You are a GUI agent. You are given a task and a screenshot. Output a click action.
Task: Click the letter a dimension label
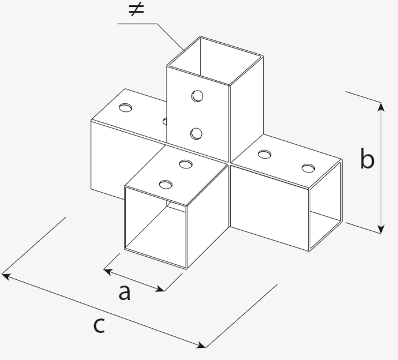(x=125, y=292)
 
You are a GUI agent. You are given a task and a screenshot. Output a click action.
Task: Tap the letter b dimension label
(x=367, y=158)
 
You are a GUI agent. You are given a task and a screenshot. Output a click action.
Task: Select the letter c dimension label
(x=99, y=325)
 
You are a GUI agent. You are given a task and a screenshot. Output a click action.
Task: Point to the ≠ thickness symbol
(x=136, y=10)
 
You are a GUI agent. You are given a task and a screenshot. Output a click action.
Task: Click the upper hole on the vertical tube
(x=197, y=96)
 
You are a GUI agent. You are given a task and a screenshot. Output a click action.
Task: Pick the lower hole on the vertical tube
(x=197, y=133)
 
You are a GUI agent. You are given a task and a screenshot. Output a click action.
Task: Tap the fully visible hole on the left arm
(x=125, y=108)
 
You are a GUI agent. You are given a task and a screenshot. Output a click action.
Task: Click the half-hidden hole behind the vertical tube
(x=165, y=121)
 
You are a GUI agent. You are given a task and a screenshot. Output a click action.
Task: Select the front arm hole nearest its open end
(x=166, y=185)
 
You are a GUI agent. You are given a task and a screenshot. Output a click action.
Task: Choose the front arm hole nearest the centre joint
(x=186, y=164)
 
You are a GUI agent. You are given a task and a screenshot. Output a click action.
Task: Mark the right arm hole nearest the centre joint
(x=265, y=154)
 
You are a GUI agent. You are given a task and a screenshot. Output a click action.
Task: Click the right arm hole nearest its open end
(x=308, y=168)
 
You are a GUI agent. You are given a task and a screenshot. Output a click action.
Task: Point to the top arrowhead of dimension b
(x=381, y=107)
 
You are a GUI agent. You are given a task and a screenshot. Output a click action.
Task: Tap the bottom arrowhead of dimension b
(x=381, y=229)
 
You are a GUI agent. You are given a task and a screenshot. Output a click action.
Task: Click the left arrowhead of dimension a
(x=108, y=271)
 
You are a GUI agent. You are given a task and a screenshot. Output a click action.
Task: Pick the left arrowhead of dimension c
(x=6, y=276)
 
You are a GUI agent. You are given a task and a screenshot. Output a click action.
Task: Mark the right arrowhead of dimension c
(x=201, y=345)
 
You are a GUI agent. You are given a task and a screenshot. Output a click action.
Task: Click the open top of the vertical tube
(x=215, y=61)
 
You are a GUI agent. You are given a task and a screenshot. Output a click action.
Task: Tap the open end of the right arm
(x=325, y=205)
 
